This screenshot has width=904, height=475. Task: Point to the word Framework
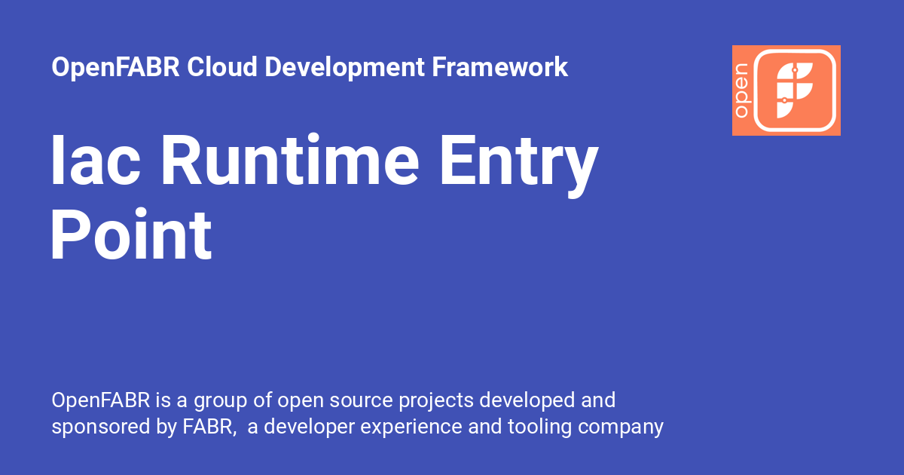[x=500, y=67]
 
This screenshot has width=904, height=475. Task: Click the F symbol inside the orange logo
[x=796, y=90]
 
